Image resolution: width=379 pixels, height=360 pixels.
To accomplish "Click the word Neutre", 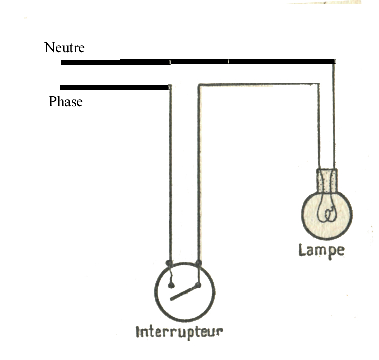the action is pos(65,48).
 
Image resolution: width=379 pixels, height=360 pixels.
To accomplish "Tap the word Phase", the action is pos(66,102).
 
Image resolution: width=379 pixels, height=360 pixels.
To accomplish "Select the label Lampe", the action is pos(321,250).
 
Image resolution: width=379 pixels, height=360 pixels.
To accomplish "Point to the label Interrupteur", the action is pos(179,331).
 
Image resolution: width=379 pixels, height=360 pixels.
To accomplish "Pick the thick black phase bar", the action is pos(115,88).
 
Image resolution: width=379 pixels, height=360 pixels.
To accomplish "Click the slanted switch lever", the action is pos(184,292).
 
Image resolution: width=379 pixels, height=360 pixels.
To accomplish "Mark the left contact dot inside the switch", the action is pos(171,286).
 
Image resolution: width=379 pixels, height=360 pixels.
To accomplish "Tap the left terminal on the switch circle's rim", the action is pos(170,262).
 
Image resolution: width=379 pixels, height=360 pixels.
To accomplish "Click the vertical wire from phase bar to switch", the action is pos(170,174).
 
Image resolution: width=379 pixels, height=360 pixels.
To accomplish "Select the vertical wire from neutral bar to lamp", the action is pos(334,114).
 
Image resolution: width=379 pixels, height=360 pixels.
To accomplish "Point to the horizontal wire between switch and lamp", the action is pos(258,85).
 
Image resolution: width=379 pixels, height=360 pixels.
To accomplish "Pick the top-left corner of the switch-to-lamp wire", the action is pos(200,86).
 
